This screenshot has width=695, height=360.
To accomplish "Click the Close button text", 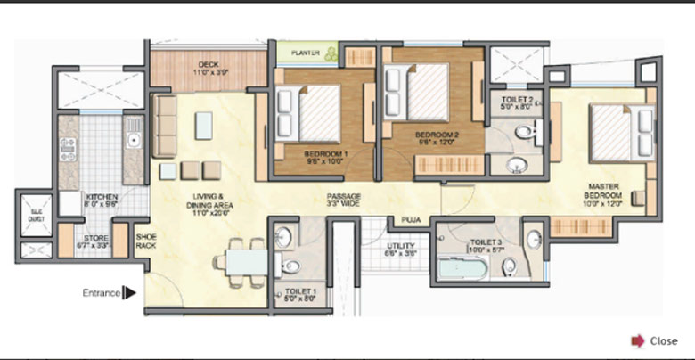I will coord(664,340).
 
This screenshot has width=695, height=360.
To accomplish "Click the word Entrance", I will coord(102,292).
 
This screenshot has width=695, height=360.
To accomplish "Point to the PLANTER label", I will coord(303,53).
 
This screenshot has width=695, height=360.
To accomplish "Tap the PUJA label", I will coord(411,217).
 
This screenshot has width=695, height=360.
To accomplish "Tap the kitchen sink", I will coord(133,140).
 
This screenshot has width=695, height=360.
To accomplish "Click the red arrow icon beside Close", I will coord(638,340).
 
